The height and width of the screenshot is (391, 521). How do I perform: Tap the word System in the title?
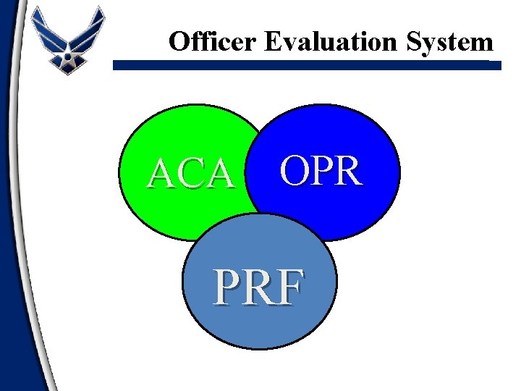point(454,42)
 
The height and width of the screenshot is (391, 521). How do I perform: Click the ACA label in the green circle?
point(192,175)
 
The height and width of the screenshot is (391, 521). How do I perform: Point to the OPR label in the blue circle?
point(321,171)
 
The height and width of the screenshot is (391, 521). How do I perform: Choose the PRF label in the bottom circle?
point(258,288)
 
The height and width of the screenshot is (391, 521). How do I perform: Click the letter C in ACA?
point(192,175)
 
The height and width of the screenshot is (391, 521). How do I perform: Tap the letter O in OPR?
point(295,171)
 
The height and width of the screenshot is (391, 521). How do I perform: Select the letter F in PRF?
point(289,288)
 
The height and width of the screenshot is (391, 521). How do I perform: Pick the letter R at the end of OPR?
point(347,171)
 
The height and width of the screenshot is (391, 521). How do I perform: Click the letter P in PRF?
point(227,288)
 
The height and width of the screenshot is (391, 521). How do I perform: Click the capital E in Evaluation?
point(273,42)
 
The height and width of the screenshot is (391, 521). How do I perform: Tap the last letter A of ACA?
point(221,175)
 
